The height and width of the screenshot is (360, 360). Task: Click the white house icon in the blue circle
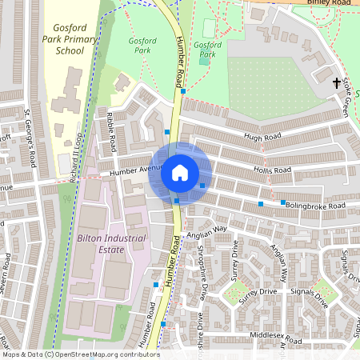180,172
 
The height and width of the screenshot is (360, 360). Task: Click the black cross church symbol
337,82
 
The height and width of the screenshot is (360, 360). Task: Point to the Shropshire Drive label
201,272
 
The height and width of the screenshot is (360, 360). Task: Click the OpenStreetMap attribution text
80,354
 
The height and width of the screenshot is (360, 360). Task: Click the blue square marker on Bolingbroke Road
282,202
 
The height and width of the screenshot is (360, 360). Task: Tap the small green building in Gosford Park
204,58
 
